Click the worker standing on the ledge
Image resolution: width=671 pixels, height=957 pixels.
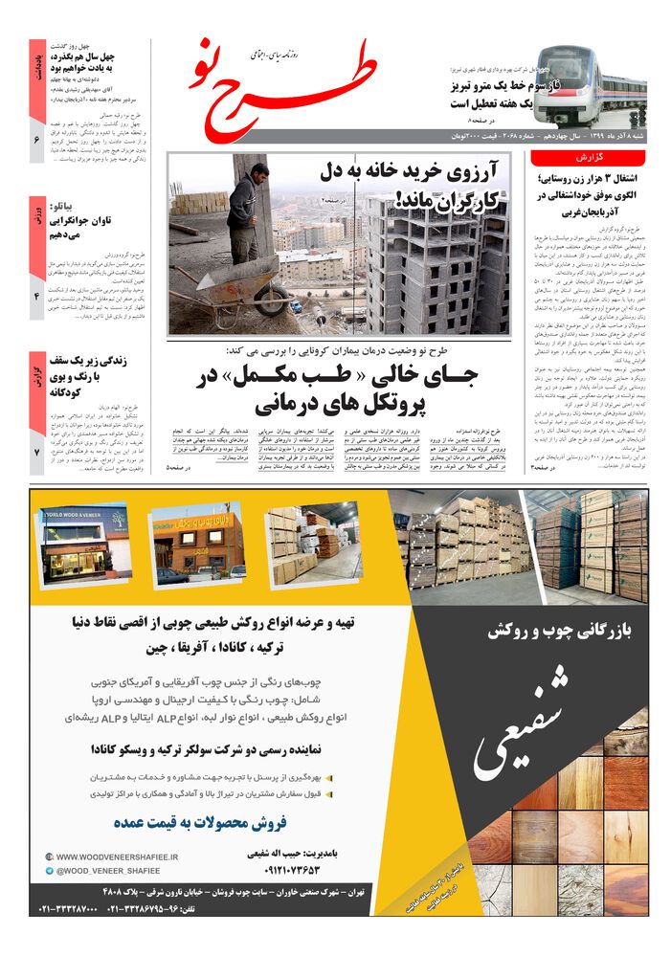[246, 211]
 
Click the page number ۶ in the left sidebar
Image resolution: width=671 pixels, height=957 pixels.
[36, 141]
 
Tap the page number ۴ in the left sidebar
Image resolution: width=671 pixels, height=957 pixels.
[36, 297]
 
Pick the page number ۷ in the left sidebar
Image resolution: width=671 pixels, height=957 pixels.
[36, 452]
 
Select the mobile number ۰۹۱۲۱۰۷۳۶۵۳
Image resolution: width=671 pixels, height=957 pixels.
[279, 870]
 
